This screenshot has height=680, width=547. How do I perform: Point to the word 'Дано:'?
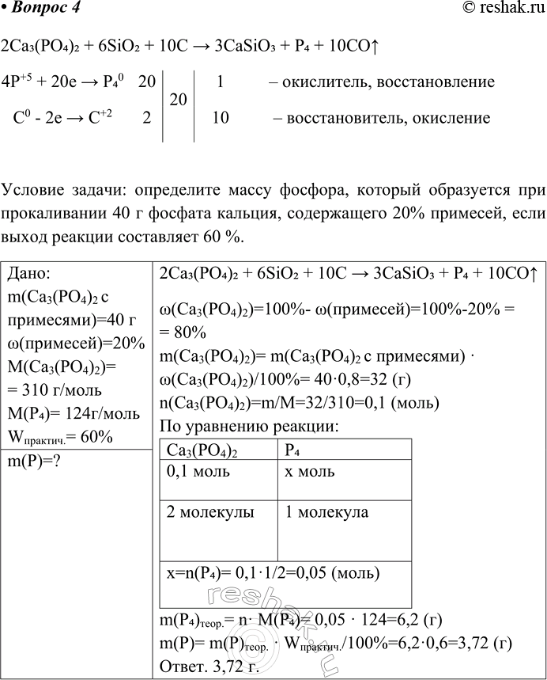(28, 273)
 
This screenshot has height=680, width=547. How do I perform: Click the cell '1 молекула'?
(326, 512)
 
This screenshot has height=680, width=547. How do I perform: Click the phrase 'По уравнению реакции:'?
(249, 427)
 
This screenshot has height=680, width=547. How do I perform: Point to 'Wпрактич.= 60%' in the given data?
(59, 438)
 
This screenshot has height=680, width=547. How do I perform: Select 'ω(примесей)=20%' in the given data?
(75, 343)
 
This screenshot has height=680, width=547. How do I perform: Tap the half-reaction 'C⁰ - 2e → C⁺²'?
(64, 119)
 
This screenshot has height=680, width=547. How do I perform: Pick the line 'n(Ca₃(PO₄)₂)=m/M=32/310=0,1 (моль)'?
(299, 404)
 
